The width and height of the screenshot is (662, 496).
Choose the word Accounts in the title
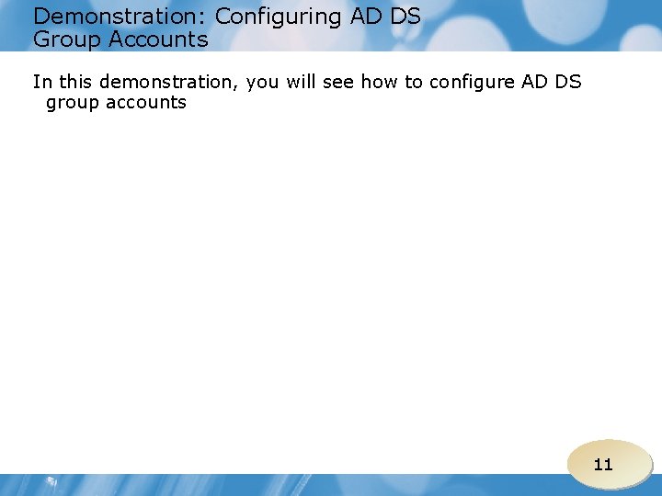(x=159, y=40)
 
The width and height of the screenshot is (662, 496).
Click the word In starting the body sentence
(x=41, y=83)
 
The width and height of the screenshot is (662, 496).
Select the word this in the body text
(x=75, y=83)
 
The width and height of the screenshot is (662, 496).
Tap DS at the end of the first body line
(x=570, y=83)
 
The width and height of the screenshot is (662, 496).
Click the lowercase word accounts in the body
(x=146, y=103)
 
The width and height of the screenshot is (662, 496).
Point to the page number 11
(x=603, y=465)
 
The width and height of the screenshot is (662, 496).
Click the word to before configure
(x=414, y=83)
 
